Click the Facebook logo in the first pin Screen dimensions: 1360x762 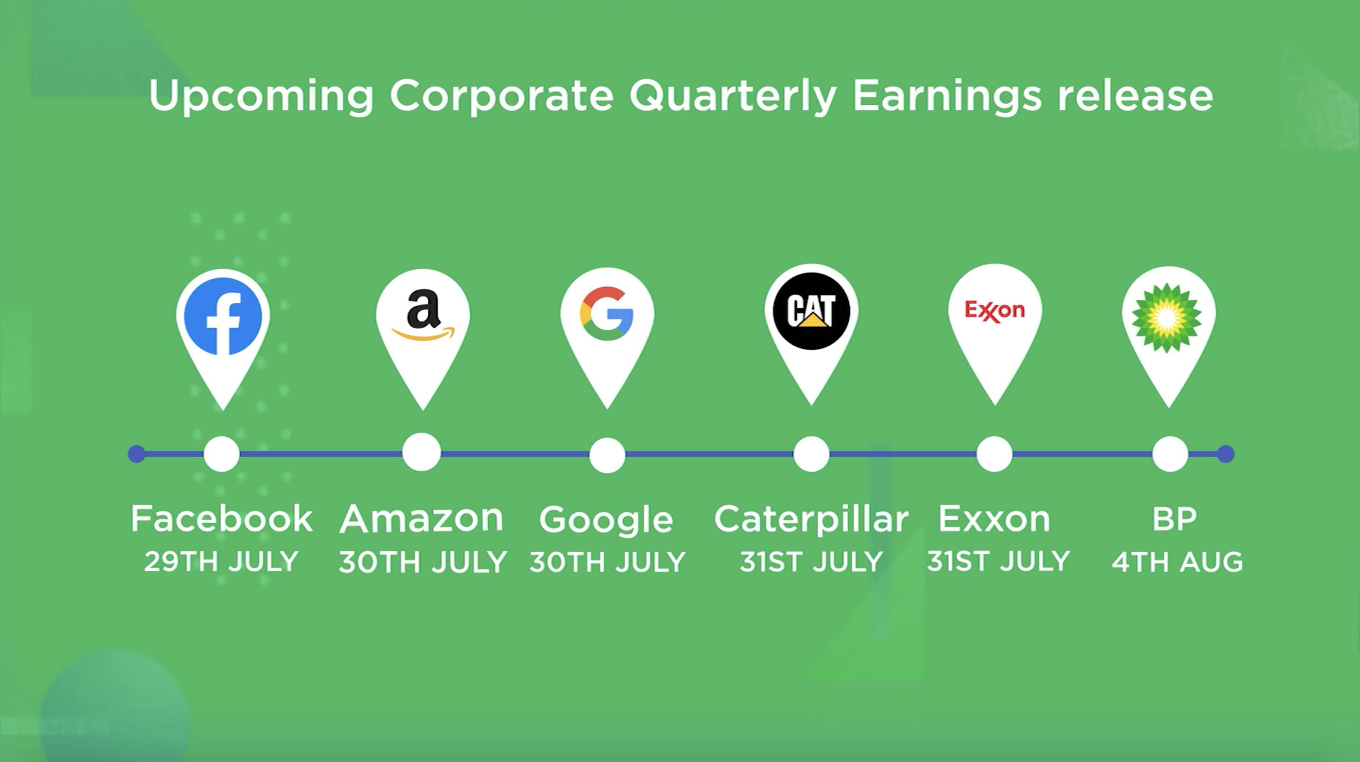pos(223,316)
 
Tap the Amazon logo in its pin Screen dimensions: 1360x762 pos(423,315)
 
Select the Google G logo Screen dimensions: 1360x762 pos(607,314)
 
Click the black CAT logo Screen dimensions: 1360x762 pos(811,311)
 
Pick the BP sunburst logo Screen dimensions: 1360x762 pos(1167,318)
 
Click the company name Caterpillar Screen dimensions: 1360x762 pos(811,519)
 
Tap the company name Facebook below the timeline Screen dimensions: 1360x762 pos(222,518)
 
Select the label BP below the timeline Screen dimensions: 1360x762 pos(1174,519)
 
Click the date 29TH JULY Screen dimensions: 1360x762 pos(221,562)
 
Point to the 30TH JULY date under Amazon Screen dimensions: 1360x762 pos(423,562)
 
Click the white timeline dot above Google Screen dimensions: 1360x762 pos(607,454)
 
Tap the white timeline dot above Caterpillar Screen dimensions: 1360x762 pos(811,454)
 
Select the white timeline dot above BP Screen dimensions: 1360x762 pos(1170,454)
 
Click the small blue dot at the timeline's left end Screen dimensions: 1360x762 pos(137,454)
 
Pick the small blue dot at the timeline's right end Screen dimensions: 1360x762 pos(1226,454)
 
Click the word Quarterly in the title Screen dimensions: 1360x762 pos(733,96)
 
